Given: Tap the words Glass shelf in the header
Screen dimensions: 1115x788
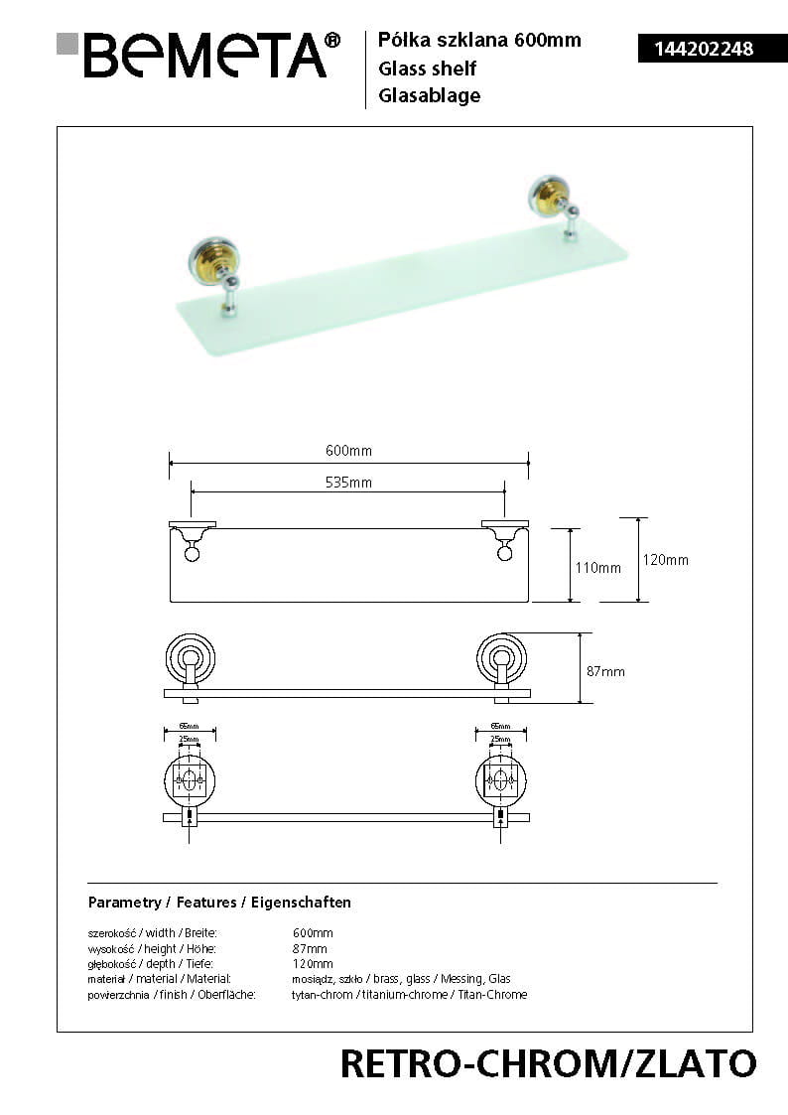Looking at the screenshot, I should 427,69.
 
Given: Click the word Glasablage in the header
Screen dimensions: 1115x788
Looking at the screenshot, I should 429,96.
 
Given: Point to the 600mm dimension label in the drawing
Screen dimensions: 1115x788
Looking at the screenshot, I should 348,451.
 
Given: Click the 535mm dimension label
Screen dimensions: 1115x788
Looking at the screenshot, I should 348,483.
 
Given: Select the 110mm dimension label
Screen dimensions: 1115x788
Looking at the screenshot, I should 598,568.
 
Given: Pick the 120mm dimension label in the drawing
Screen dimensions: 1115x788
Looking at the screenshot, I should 665,560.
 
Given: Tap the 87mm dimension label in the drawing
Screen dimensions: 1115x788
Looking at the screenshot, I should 605,671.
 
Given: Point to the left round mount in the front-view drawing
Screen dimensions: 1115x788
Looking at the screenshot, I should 189,657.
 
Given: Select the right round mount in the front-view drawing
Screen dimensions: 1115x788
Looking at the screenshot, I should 501,657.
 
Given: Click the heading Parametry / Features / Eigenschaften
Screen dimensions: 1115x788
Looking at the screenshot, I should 219,903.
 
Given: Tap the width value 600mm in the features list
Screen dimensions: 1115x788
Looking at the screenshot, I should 313,933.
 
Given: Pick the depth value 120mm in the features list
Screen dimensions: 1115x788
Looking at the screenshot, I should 313,964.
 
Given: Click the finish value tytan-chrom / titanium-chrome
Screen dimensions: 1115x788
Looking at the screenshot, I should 409,995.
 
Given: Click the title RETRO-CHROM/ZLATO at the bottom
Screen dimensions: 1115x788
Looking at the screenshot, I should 548,1063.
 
